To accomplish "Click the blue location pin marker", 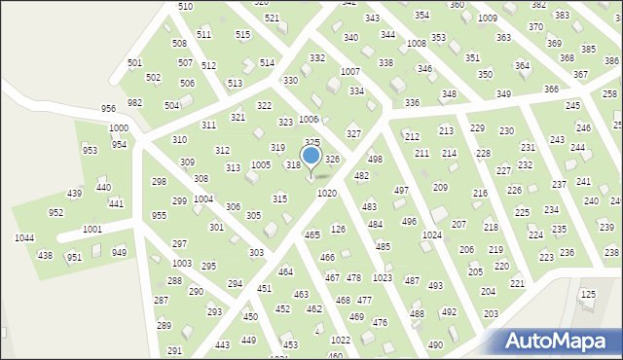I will [311, 158].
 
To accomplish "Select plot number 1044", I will [24, 238].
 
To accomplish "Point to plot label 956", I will [108, 108].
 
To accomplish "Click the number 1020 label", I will [326, 194].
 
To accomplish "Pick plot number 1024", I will [432, 235].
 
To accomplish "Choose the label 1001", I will [92, 229].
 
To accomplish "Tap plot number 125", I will [588, 294].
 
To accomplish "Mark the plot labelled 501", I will [134, 63].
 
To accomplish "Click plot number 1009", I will [488, 18].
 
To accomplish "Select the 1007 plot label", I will [349, 73].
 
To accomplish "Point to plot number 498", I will [375, 159].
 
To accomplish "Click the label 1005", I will [261, 165].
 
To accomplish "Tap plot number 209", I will [440, 187].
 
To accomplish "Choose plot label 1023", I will [383, 278].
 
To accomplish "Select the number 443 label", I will [222, 344].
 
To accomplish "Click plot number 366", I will [551, 89].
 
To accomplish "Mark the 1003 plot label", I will [182, 264].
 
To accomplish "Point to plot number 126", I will [338, 229].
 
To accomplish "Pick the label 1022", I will [340, 340].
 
